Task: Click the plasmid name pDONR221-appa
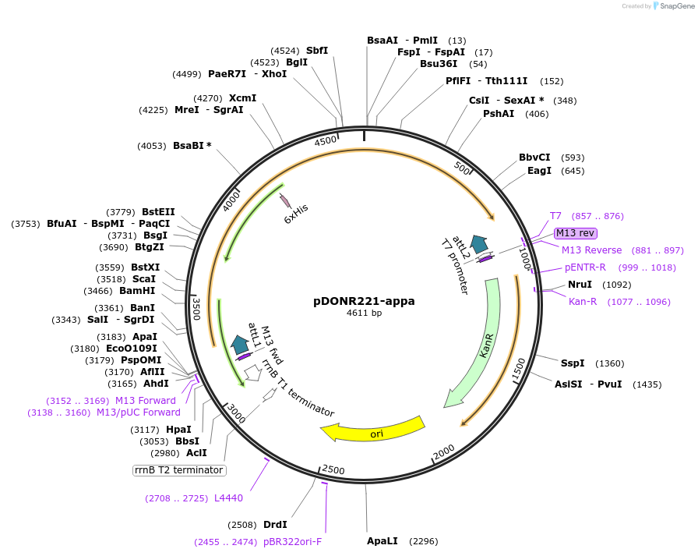364,300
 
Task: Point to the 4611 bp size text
364,313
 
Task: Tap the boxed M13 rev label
576,232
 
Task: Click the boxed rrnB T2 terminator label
179,470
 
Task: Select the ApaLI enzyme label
382,540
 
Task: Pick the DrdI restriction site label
275,524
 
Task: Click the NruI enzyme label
580,285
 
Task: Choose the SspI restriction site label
573,363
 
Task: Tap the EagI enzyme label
539,171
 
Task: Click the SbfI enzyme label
317,51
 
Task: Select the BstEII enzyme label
158,212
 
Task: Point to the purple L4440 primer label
228,498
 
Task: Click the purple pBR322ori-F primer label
292,542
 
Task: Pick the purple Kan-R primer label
583,302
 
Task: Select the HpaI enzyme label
178,429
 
